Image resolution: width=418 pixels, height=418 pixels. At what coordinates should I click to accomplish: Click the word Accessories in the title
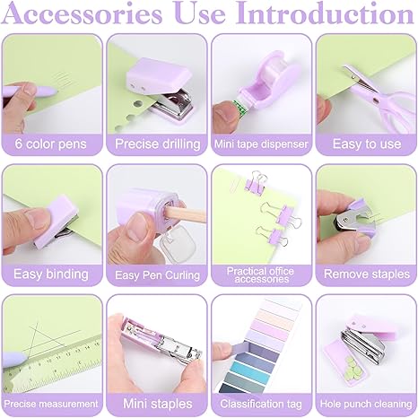point(82,13)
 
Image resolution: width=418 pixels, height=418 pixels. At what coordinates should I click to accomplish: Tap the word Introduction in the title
point(325,13)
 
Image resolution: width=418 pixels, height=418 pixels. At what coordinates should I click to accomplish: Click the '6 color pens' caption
point(51,144)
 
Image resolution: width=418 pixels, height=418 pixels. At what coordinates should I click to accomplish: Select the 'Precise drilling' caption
point(158,144)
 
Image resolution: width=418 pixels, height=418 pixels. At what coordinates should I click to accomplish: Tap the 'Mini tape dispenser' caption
point(261,144)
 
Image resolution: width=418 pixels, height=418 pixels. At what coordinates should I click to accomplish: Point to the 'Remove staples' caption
point(367,274)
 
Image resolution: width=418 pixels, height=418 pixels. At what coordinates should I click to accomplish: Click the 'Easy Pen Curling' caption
point(157,275)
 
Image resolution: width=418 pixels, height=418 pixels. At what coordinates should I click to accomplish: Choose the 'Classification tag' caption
point(261,405)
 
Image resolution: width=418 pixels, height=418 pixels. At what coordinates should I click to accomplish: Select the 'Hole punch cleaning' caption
point(366,405)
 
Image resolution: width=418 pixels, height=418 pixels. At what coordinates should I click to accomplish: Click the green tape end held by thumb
point(239,105)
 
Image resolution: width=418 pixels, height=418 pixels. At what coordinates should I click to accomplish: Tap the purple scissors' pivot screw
point(374,99)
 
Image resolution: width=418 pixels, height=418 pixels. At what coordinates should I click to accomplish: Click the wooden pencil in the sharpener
point(186,214)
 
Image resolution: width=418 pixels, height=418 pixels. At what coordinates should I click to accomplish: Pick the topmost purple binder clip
point(255,183)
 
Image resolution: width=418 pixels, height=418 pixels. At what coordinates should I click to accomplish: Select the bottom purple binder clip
point(273,236)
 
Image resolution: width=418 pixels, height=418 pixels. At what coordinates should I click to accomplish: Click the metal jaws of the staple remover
point(348,219)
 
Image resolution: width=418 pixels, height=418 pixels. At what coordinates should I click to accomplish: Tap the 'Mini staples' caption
point(158,404)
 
